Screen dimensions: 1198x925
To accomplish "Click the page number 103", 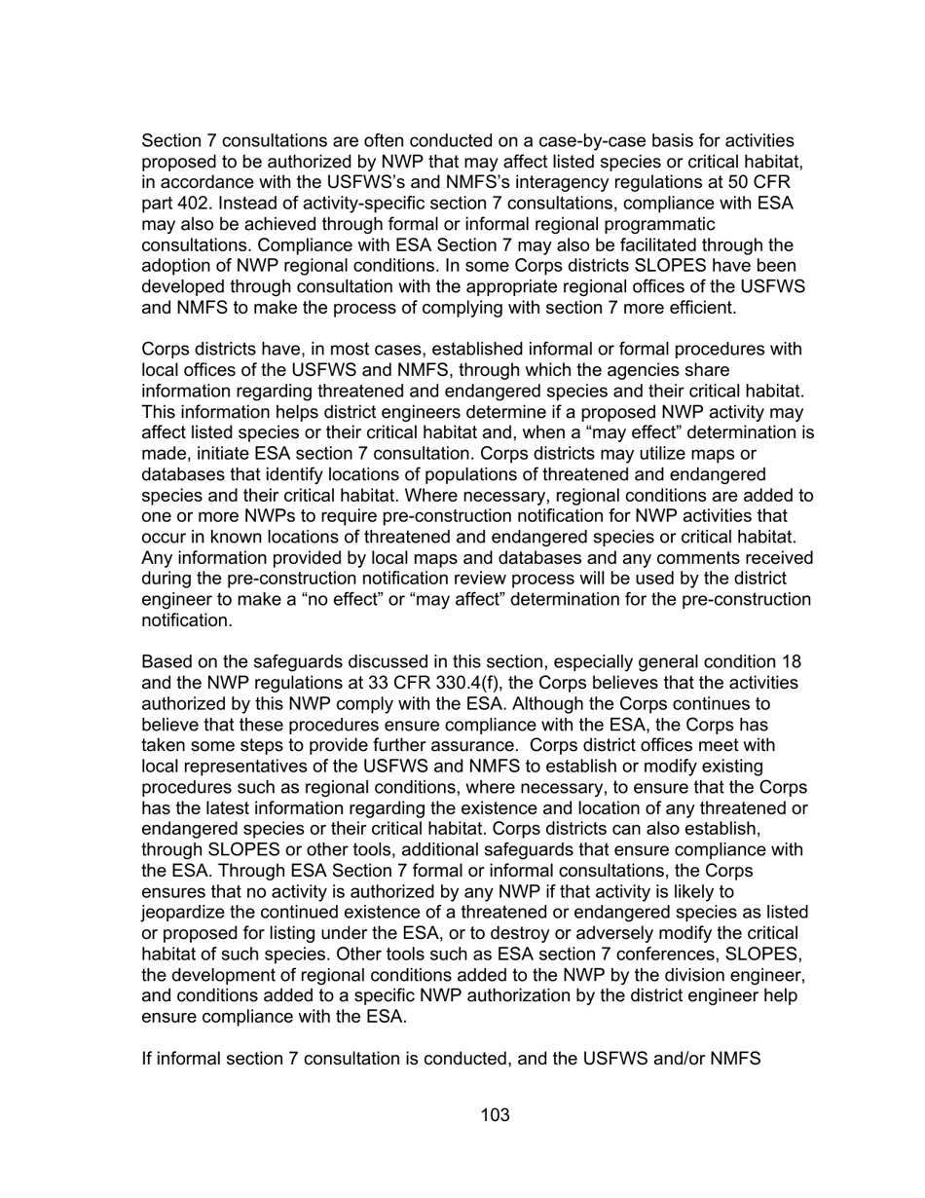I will tap(495, 1115).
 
